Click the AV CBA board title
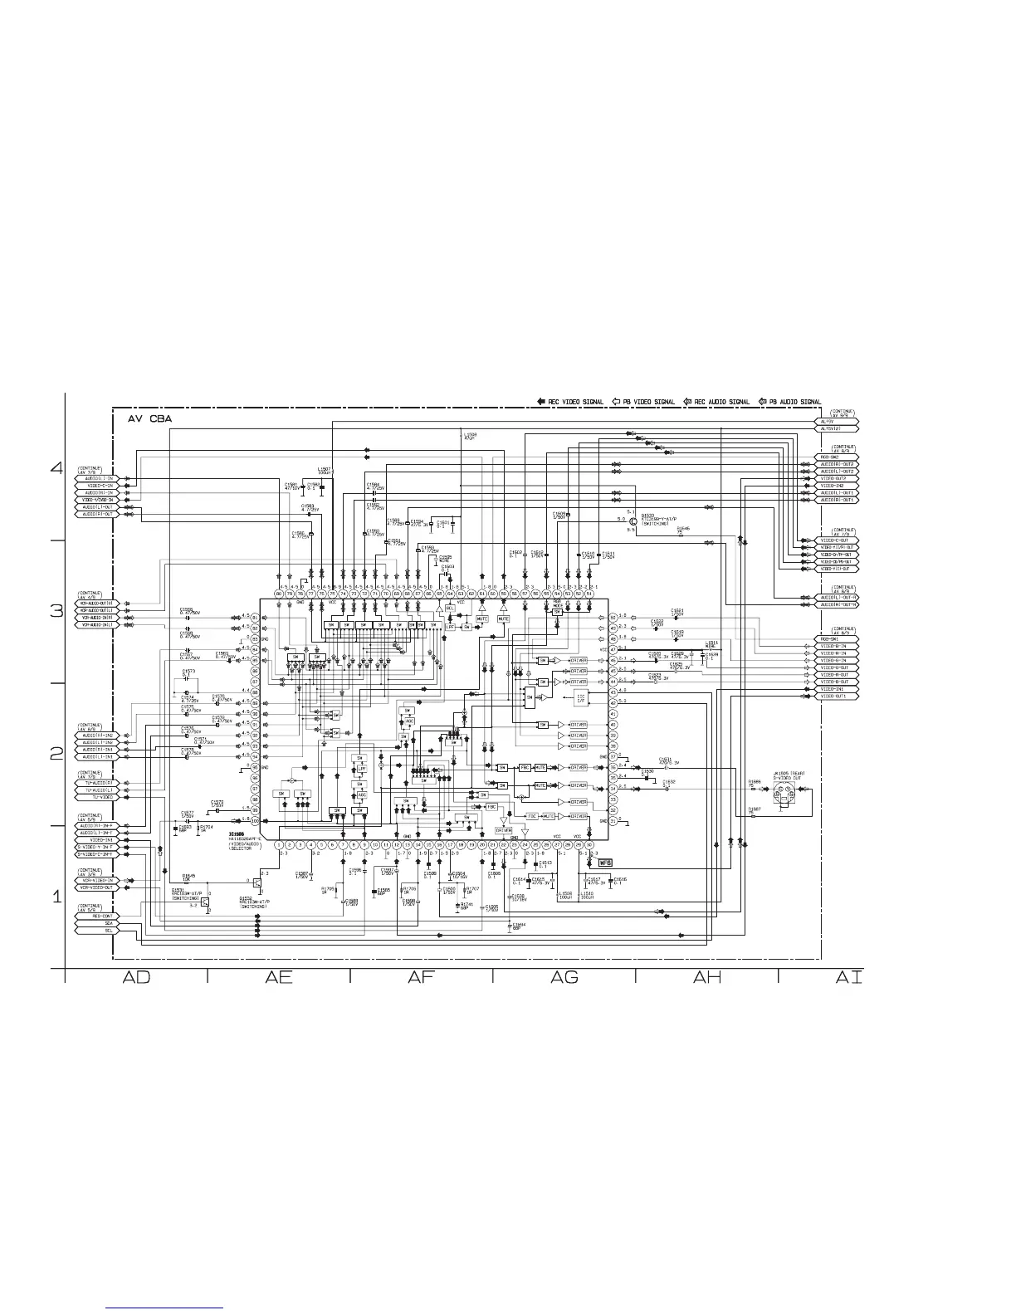coord(149,419)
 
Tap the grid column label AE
coord(279,978)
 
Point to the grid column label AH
coord(707,978)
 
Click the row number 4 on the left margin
coord(56,468)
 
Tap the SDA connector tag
coord(109,922)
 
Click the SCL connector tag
coord(109,930)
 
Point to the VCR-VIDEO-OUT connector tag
coord(98,887)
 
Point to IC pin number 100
coord(256,820)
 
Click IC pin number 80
coord(279,594)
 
